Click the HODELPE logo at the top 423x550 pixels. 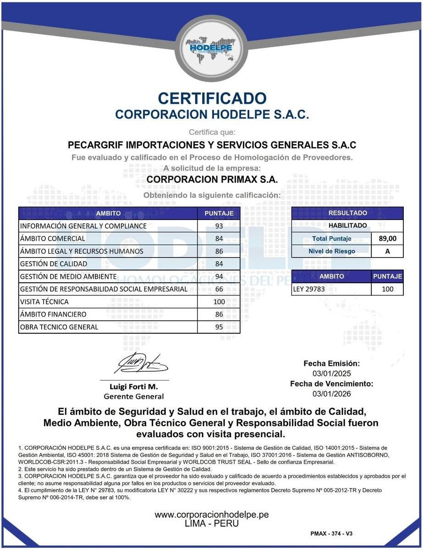(x=211, y=48)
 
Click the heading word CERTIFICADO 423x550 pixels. (x=212, y=98)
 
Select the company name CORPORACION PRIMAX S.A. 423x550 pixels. (x=212, y=179)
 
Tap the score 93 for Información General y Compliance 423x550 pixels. (x=219, y=226)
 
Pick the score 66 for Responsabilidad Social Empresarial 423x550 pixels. (x=219, y=289)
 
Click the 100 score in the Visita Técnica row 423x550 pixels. (x=219, y=302)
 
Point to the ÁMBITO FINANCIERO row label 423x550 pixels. (x=53, y=314)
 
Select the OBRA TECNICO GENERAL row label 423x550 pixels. (x=59, y=327)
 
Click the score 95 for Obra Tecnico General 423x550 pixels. (x=219, y=327)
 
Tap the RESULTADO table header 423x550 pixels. (x=347, y=213)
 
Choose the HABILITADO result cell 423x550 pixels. (x=347, y=225)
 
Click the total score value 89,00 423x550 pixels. (x=387, y=238)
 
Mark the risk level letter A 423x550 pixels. (x=387, y=251)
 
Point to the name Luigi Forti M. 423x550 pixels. (x=133, y=387)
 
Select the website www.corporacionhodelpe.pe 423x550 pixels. (x=211, y=515)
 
